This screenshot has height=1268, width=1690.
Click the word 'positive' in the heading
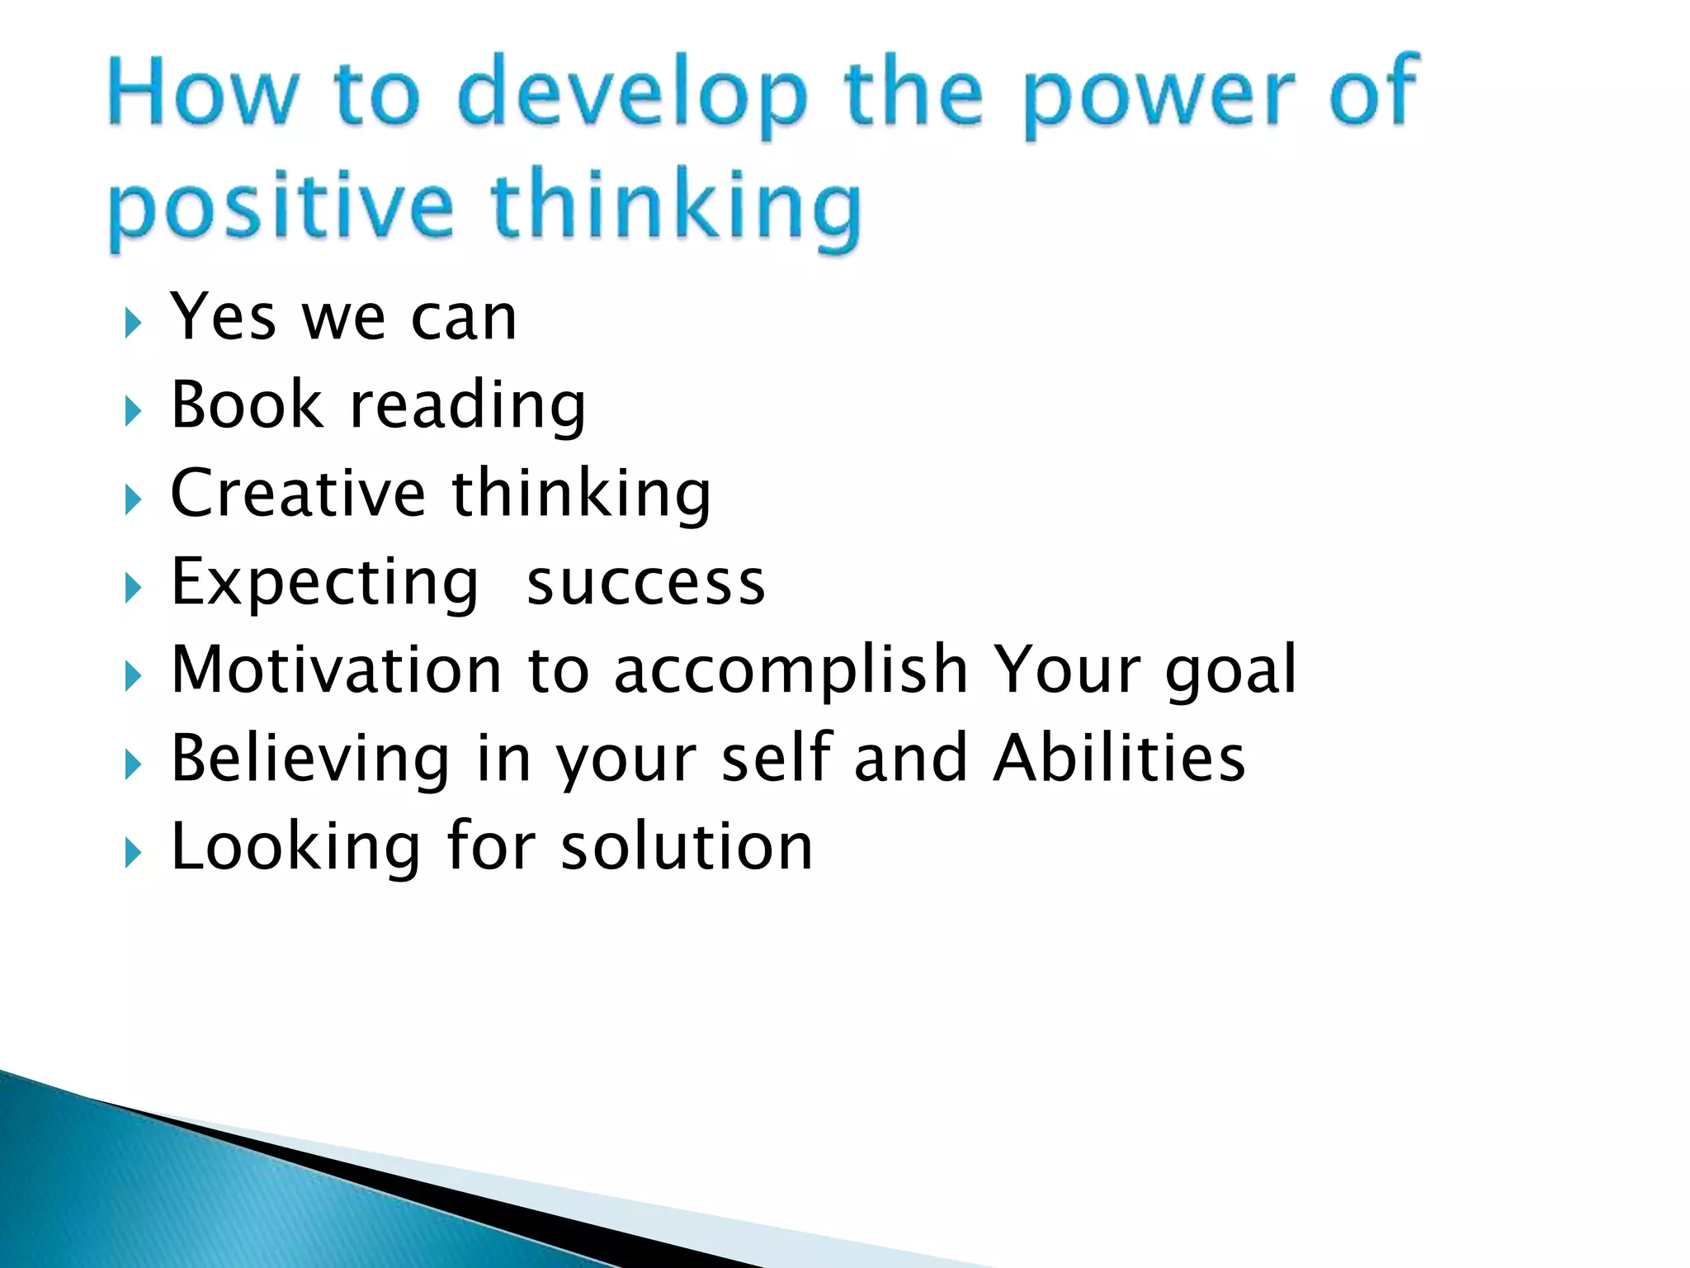tap(281, 206)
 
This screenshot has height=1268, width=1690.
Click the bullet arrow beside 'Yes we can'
tap(133, 323)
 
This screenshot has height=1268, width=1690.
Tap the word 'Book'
tap(246, 405)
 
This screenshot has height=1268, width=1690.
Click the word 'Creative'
tap(297, 494)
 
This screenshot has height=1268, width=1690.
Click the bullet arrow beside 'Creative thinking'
tap(133, 499)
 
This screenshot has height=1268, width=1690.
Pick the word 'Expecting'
tap(324, 584)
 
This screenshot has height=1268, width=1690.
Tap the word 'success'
tap(646, 583)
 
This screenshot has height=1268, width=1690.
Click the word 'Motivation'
tap(337, 669)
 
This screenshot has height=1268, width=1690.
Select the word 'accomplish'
tap(791, 672)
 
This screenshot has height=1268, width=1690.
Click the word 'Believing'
tap(310, 759)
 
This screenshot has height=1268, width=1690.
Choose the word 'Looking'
tap(295, 849)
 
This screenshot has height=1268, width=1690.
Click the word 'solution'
tap(687, 847)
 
